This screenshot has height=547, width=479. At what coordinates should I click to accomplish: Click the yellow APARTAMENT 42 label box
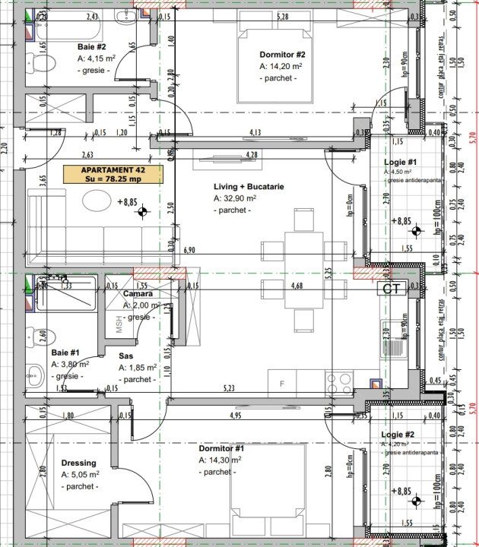pos(113,174)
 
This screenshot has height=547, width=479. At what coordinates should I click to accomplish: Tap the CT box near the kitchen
pos(392,289)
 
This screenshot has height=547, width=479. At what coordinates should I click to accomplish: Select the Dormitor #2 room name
pos(282,55)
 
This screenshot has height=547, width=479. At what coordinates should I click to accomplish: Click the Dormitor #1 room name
pos(220,448)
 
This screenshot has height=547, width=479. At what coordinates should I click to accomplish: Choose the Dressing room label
pos(78,463)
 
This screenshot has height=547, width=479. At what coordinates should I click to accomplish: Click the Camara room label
pos(139,294)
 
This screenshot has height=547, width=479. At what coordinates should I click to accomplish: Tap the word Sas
pos(126,356)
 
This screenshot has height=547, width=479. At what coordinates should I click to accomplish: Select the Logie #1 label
pos(399,162)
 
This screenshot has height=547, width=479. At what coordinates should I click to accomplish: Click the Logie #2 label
pos(399,434)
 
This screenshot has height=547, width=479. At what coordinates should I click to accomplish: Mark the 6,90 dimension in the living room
pos(190,249)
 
